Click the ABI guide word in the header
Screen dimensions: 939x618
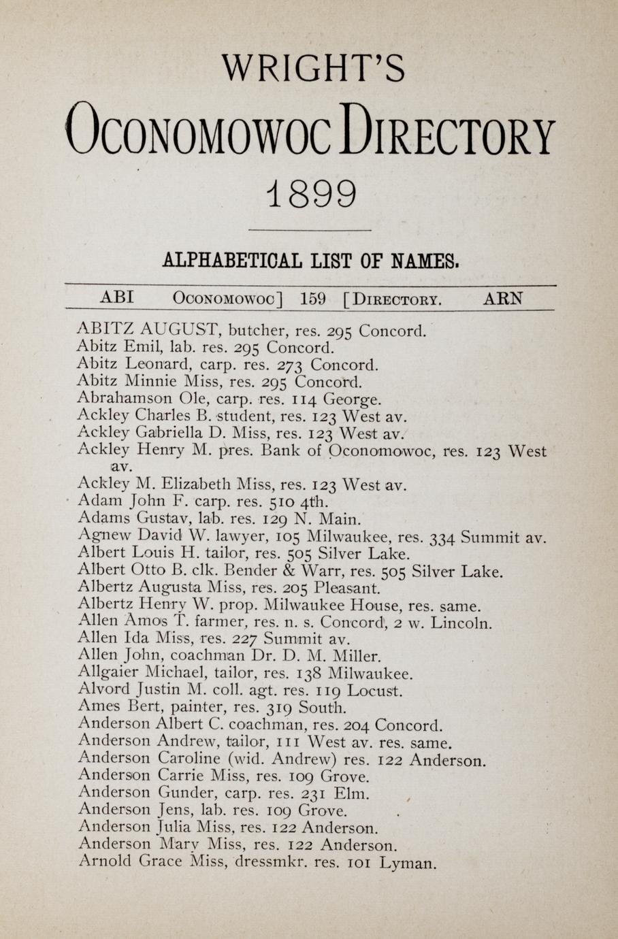pyautogui.click(x=116, y=297)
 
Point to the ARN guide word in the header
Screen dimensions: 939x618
pyautogui.click(x=503, y=298)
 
